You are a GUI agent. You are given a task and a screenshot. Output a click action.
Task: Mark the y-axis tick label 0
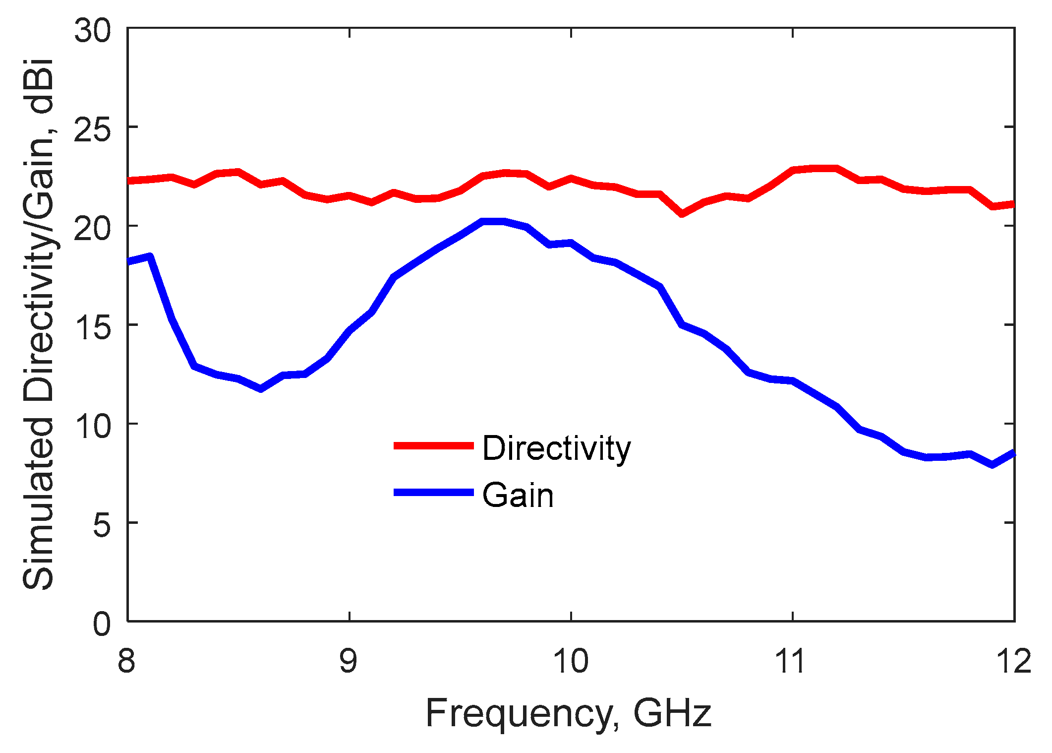point(102,623)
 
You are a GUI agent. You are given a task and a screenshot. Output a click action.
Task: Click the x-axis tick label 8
point(126,661)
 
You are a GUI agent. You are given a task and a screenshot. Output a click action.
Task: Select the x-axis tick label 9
point(349,661)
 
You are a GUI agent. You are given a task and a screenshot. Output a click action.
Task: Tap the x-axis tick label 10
point(571,661)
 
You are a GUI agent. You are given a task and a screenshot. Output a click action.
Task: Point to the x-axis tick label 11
point(792,661)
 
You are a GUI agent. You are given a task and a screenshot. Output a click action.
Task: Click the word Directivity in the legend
point(556,448)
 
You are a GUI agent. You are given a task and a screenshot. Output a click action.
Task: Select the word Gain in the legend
point(518,495)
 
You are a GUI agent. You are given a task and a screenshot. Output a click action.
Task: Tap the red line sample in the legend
point(434,446)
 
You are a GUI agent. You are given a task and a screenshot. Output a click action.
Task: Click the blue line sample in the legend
point(434,493)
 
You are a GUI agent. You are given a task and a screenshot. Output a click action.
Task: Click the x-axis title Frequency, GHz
point(569,713)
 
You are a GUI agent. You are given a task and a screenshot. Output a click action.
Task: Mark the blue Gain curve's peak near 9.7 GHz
point(494,221)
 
